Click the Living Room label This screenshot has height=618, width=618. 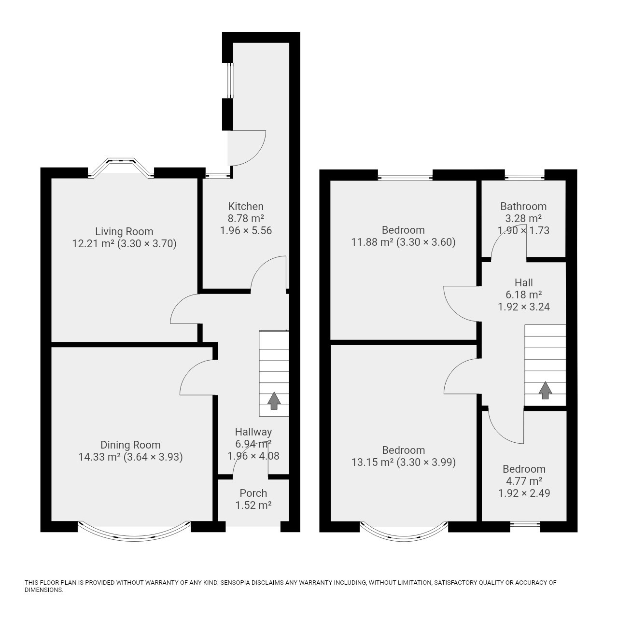[x=124, y=232]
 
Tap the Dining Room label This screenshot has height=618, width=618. [x=130, y=445]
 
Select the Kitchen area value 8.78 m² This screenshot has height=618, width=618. [x=246, y=218]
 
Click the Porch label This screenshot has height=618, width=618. [x=253, y=493]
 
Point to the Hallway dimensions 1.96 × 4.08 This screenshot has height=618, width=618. [x=253, y=456]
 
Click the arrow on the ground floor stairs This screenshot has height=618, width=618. [x=274, y=401]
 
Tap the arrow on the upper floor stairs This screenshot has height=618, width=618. [x=545, y=390]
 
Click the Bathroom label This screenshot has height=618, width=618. [x=523, y=206]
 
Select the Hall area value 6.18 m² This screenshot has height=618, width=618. [x=524, y=295]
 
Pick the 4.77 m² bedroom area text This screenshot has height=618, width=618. [x=524, y=481]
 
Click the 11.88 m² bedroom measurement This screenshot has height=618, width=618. [x=372, y=242]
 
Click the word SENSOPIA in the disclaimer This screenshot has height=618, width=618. [x=238, y=582]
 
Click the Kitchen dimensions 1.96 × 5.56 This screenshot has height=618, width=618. [x=246, y=231]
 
